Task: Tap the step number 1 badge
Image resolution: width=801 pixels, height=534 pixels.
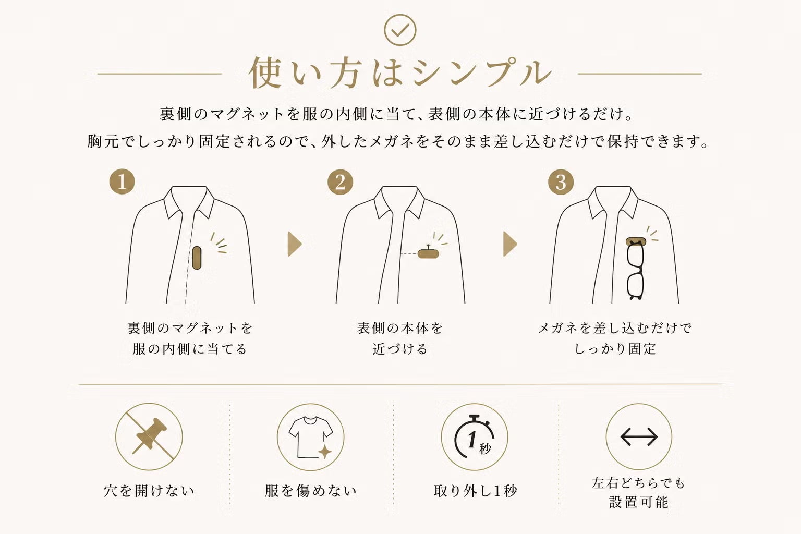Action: pyautogui.click(x=122, y=181)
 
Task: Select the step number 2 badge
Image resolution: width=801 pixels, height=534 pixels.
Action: pyautogui.click(x=340, y=182)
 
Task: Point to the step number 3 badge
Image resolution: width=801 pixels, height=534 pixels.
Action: pyautogui.click(x=561, y=182)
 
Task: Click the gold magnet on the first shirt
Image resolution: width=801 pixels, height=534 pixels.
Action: pyautogui.click(x=197, y=258)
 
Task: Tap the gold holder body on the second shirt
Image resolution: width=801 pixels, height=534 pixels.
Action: pyautogui.click(x=428, y=253)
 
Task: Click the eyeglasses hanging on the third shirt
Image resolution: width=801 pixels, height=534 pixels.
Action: pyautogui.click(x=635, y=271)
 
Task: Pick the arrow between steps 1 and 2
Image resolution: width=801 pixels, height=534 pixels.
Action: pyautogui.click(x=295, y=244)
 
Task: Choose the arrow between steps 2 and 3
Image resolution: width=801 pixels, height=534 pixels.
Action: pyautogui.click(x=511, y=244)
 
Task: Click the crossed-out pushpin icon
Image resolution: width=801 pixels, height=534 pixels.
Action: pyautogui.click(x=149, y=437)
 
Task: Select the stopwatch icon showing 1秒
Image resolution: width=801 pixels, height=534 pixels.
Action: pyautogui.click(x=475, y=437)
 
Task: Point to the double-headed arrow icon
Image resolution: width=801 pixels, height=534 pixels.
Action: pyautogui.click(x=639, y=437)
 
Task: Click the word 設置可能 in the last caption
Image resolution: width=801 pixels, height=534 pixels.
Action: pyautogui.click(x=639, y=502)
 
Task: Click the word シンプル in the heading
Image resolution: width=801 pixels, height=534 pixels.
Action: pyautogui.click(x=482, y=74)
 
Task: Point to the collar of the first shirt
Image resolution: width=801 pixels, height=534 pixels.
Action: pyautogui.click(x=189, y=202)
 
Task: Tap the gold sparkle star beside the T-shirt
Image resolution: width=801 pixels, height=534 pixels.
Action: pyautogui.click(x=325, y=452)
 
